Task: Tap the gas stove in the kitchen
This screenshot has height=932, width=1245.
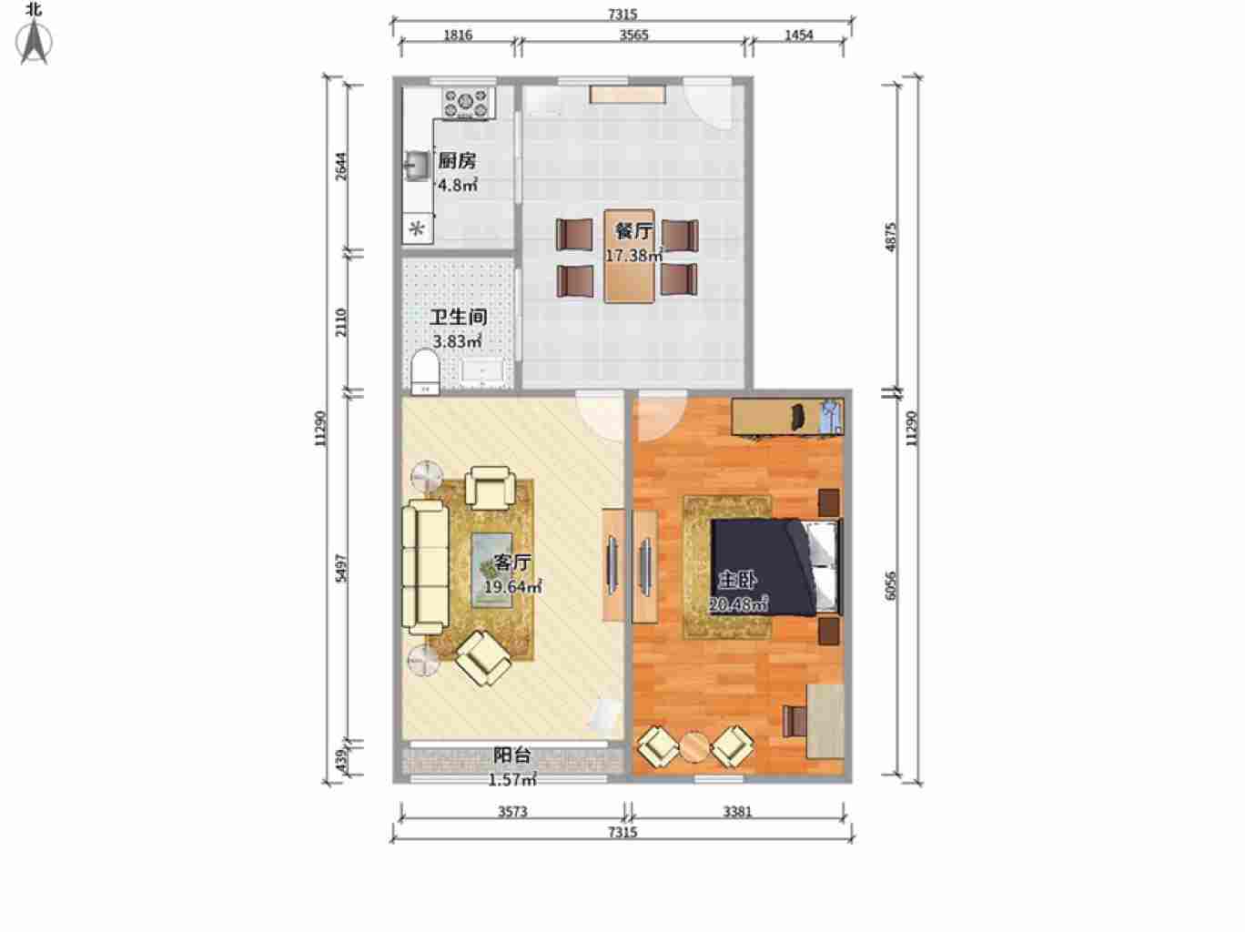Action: tap(466, 104)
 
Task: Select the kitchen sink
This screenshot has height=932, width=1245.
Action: tap(417, 166)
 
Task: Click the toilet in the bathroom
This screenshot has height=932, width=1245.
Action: tap(425, 372)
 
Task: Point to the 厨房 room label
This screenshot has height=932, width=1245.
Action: tap(457, 161)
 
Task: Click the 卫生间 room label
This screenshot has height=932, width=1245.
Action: tap(459, 317)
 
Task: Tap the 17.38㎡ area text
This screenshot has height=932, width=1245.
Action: tap(633, 256)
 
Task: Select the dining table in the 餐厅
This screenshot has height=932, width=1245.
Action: tap(629, 256)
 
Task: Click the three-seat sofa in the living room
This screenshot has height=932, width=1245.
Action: tap(425, 567)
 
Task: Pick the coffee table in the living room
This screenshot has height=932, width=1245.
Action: tap(491, 570)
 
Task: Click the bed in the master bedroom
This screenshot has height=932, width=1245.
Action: tap(774, 567)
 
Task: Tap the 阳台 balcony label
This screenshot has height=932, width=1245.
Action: tap(511, 755)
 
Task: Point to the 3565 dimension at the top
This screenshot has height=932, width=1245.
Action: tap(633, 35)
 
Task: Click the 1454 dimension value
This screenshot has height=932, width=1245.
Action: tap(799, 35)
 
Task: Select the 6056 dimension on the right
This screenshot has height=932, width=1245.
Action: tap(890, 585)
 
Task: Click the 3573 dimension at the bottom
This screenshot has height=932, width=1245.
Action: tap(512, 812)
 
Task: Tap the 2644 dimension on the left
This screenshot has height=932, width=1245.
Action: tap(341, 167)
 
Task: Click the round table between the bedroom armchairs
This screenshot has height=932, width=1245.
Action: tap(694, 747)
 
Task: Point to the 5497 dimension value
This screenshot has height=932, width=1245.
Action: tap(341, 568)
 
